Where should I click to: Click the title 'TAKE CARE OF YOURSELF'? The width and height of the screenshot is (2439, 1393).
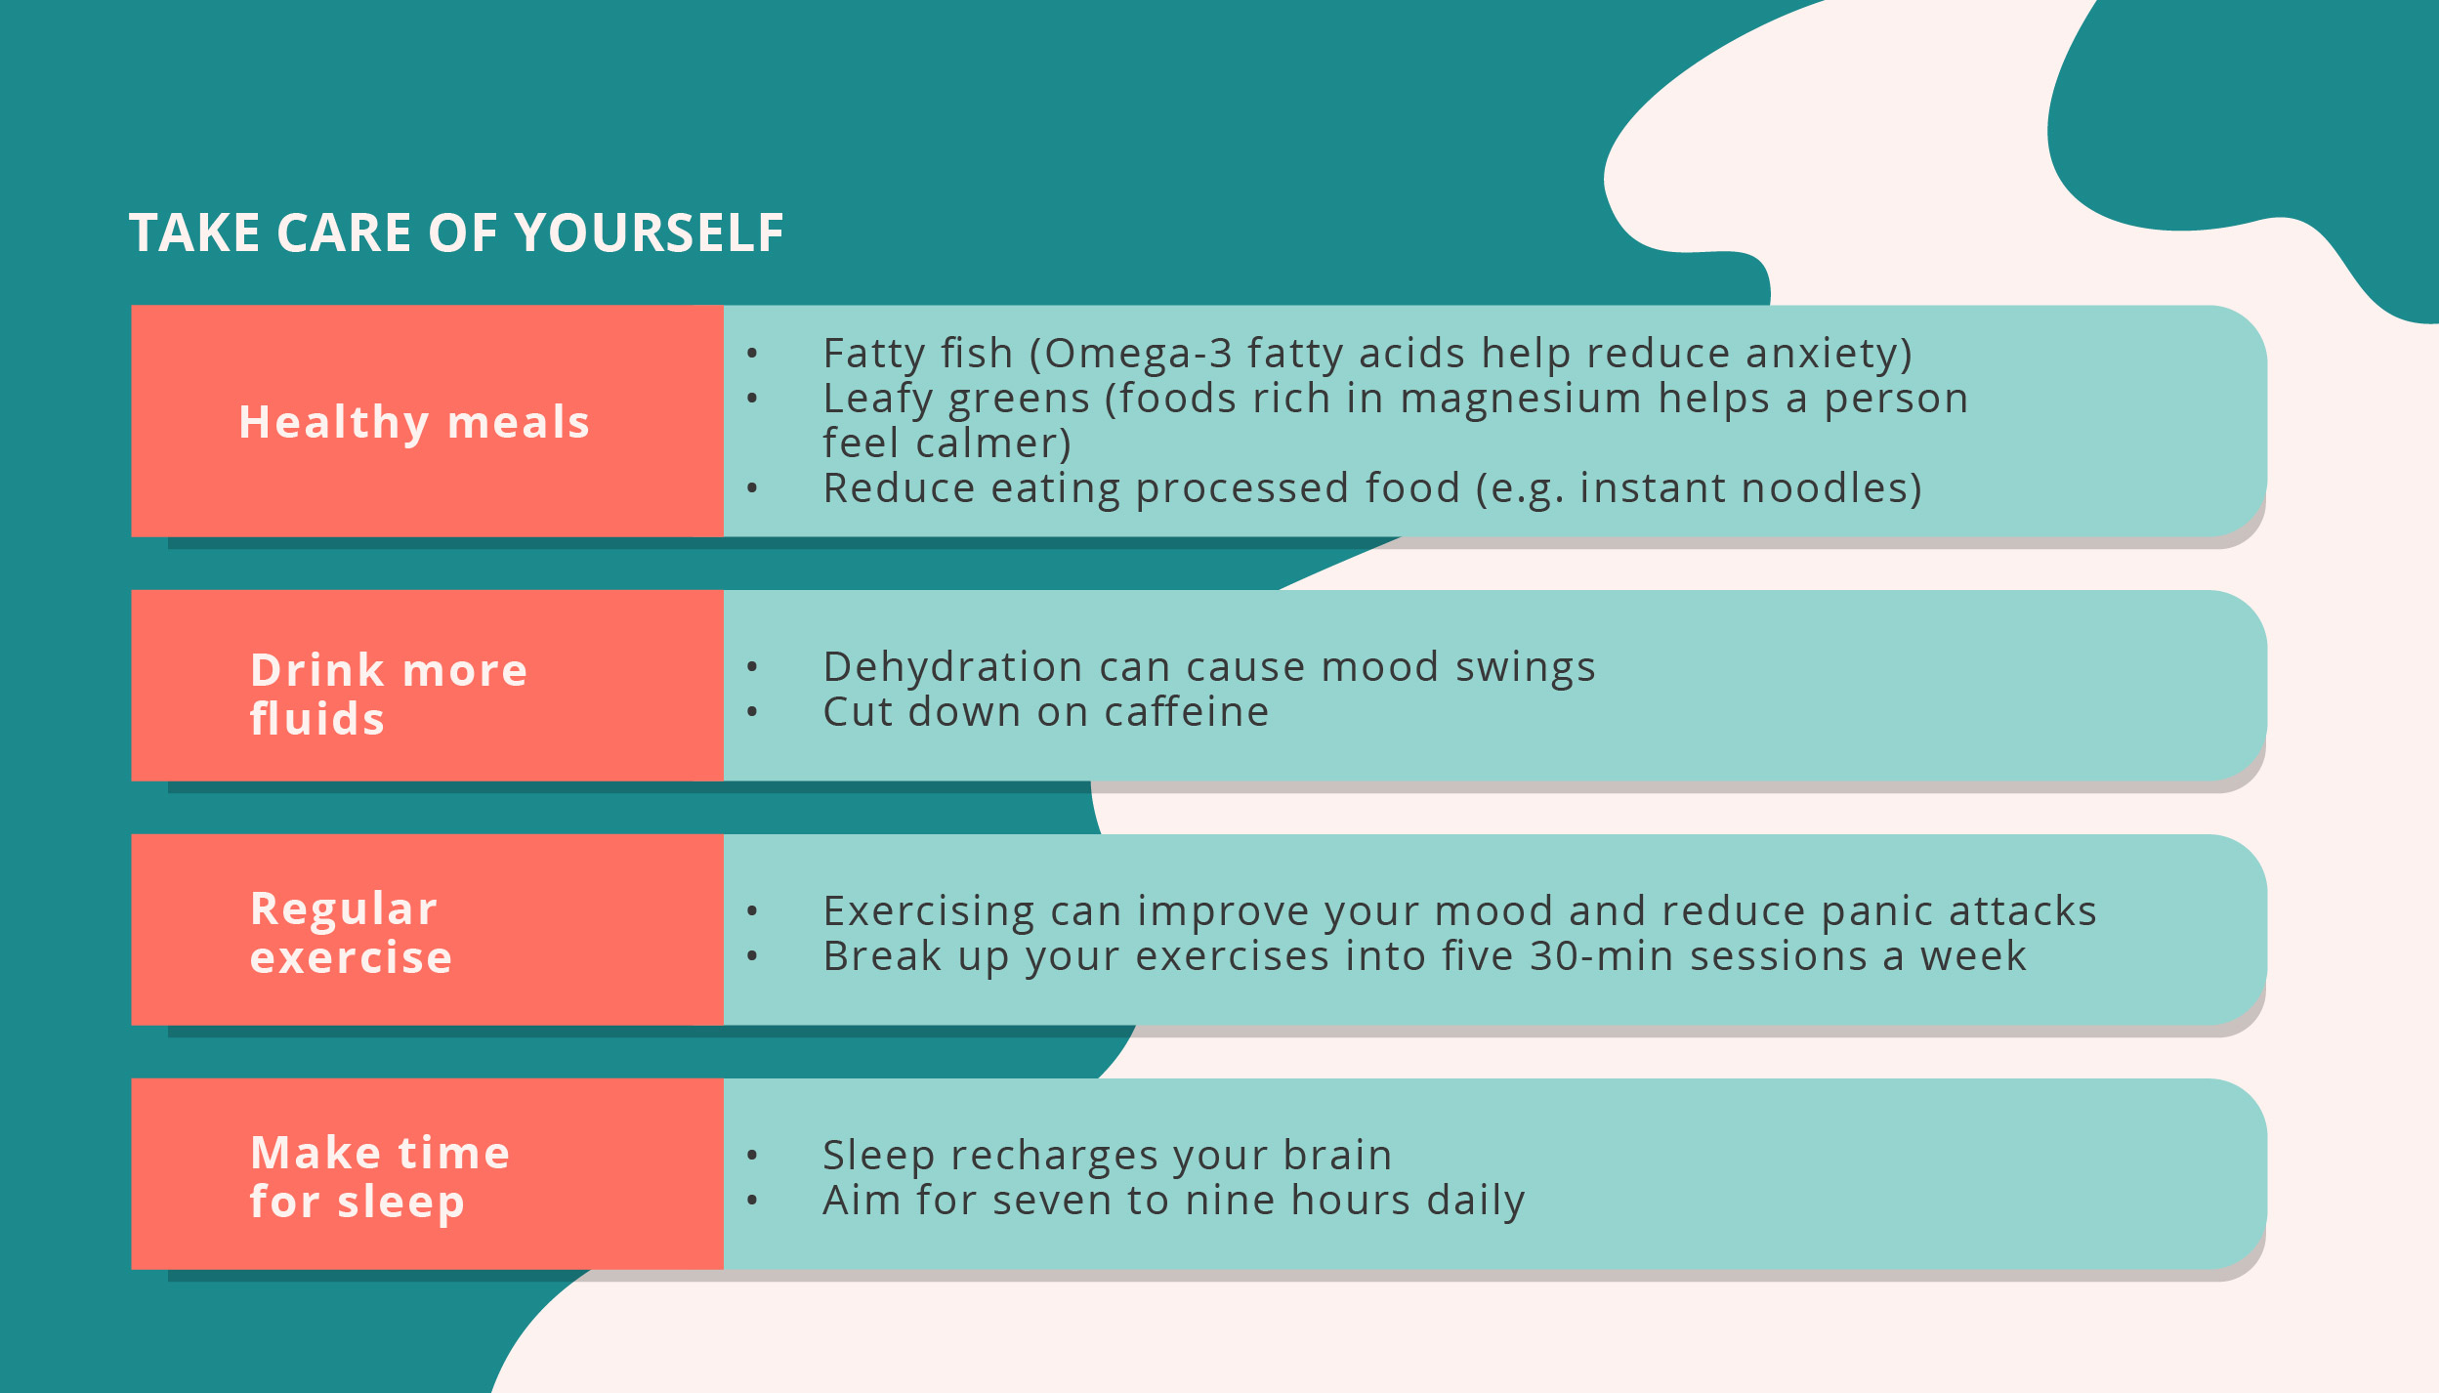(x=456, y=233)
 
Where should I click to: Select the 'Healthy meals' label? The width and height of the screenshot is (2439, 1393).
(x=414, y=423)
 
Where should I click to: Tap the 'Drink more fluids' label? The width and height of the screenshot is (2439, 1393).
(x=389, y=694)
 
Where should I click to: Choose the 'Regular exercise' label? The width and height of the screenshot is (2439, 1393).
(x=352, y=933)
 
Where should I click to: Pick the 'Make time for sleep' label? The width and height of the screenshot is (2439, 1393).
(x=380, y=1176)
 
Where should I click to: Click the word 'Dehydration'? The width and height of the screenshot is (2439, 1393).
(x=952, y=667)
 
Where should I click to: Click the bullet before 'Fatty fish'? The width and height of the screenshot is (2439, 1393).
(x=752, y=354)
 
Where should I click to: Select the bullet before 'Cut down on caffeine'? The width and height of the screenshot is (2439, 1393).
(x=752, y=712)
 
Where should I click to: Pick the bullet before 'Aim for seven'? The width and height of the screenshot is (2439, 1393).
(x=752, y=1201)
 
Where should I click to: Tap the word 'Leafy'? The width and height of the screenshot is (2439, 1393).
(x=877, y=399)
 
